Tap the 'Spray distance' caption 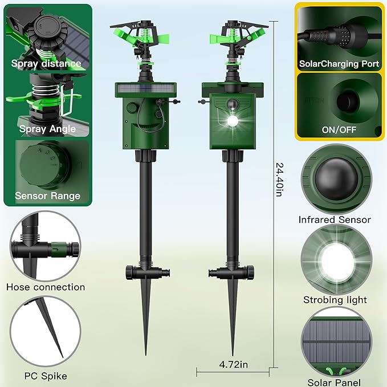point(46,64)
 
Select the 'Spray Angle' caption point(47,129)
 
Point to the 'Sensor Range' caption point(47,196)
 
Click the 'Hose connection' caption point(46,287)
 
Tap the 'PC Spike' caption point(46,376)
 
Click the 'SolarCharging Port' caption point(339,64)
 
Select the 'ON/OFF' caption point(339,129)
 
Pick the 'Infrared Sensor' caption point(335,219)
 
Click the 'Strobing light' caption point(335,300)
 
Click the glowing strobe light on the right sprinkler point(233,121)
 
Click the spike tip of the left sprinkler point(146,354)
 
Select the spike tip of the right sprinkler point(232,354)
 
